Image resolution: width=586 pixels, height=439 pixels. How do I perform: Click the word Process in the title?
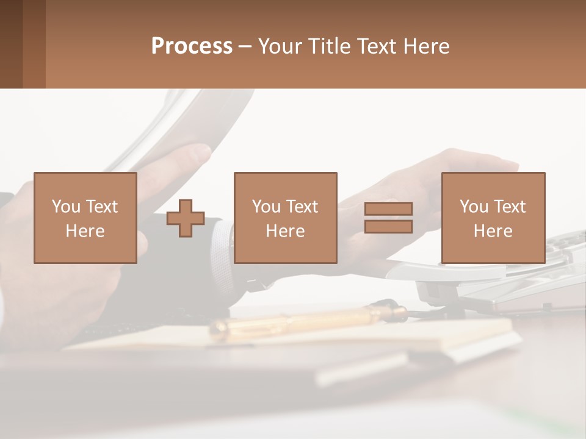coord(192,46)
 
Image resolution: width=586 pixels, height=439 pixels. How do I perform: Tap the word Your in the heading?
coord(280,46)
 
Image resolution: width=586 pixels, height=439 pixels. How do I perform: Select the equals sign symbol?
coord(388,218)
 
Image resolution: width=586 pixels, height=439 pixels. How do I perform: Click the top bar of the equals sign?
coord(388,209)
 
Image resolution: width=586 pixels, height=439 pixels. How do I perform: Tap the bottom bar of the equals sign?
coord(388,227)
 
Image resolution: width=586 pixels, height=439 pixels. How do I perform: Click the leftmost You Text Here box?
coord(85,218)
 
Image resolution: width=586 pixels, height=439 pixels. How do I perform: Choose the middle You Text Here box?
coord(285,218)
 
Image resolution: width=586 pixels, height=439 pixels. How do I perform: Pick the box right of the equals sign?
coord(493,218)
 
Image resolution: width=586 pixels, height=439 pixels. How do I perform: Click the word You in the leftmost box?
coord(66,207)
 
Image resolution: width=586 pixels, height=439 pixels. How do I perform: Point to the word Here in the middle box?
coord(285,231)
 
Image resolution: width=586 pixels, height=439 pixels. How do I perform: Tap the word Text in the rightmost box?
coord(508,207)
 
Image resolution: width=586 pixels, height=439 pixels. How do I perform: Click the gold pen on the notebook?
coord(305,321)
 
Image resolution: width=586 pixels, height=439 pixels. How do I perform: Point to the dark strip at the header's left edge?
coord(11,44)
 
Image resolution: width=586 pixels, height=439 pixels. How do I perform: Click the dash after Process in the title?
coord(245,47)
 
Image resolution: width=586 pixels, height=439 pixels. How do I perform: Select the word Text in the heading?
coord(375,46)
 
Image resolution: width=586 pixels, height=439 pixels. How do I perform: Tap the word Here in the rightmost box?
coord(493,231)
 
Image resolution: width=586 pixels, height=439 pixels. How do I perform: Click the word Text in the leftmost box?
coord(101,207)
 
